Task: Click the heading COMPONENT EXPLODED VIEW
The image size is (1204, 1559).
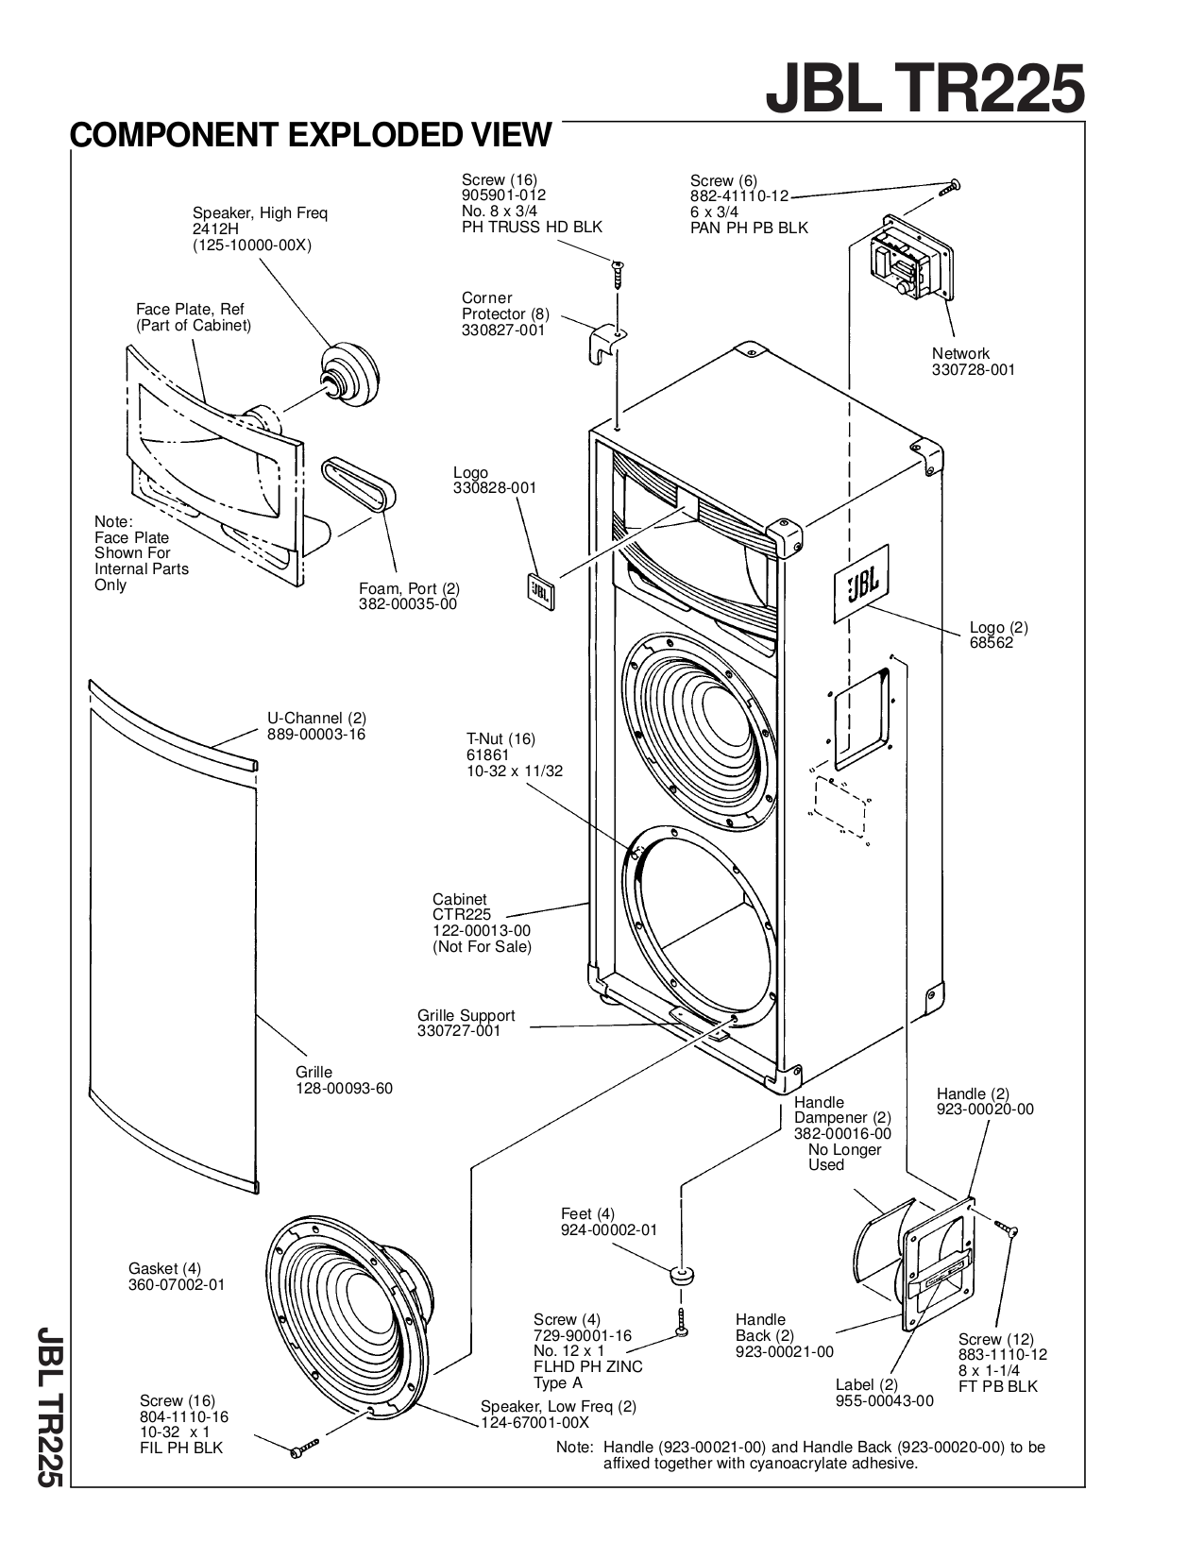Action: coord(310,135)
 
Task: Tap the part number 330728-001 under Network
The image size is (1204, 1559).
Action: coord(973,370)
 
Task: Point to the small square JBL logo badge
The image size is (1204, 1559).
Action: coord(540,591)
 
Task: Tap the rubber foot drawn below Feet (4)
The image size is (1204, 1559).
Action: coord(680,1278)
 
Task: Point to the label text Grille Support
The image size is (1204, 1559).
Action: coord(466,1016)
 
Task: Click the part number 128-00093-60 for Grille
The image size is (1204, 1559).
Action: coord(344,1088)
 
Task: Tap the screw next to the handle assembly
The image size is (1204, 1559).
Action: coord(1006,1228)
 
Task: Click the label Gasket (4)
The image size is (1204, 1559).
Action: coord(164,1268)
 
